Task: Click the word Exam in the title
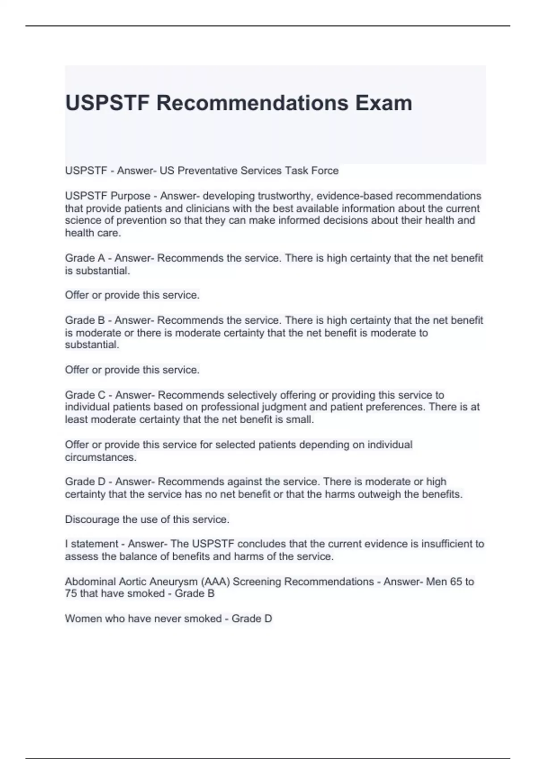click(384, 103)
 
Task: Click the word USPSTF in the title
click(107, 103)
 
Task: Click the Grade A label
click(85, 258)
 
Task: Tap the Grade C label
click(85, 395)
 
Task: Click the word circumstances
click(100, 457)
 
